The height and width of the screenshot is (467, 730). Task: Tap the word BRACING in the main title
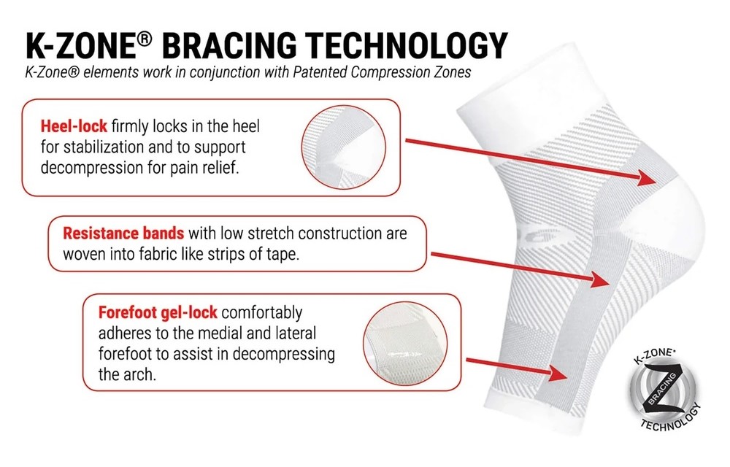tap(230, 45)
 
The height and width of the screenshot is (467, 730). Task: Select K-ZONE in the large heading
tap(80, 45)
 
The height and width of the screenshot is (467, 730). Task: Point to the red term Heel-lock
tap(74, 126)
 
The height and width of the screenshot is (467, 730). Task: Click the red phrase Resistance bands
tap(123, 233)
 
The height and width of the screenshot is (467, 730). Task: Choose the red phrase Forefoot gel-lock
tap(158, 312)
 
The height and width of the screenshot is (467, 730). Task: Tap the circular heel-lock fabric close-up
tap(344, 147)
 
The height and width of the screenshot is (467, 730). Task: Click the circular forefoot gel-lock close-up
tap(404, 344)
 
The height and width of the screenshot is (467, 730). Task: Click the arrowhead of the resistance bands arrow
tap(601, 279)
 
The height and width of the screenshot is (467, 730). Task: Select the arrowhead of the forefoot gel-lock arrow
tap(558, 373)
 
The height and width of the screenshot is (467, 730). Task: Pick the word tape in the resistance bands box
tap(282, 254)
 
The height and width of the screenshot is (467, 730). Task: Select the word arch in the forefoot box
tap(141, 374)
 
